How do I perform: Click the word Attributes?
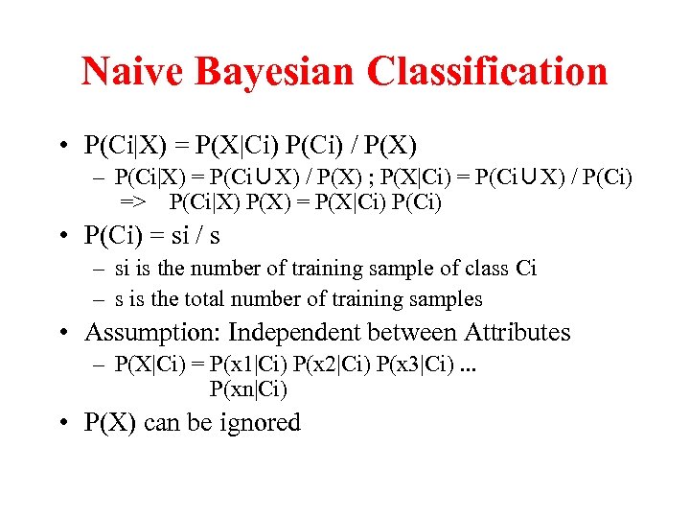point(517,333)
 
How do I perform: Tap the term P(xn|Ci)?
point(247,389)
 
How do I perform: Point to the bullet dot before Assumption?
point(60,334)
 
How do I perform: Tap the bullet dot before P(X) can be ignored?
point(60,424)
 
